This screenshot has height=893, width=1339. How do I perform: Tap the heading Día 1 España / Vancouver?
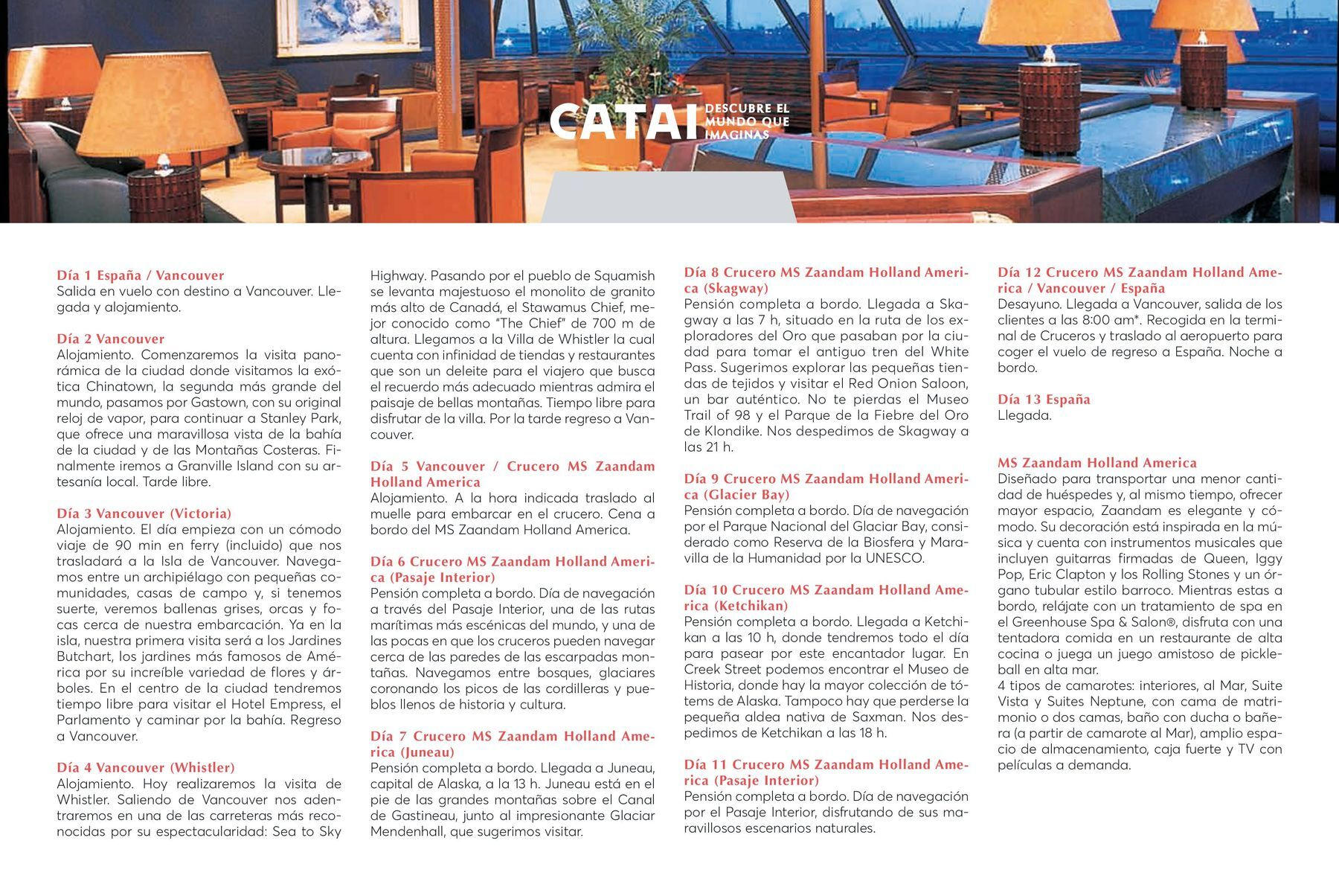(141, 275)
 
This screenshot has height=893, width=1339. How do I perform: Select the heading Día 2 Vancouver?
(111, 339)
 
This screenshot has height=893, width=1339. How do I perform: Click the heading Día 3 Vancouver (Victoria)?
(144, 513)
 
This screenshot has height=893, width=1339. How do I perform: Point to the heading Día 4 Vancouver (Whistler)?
(146, 767)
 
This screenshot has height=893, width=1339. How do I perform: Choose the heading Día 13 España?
(1044, 400)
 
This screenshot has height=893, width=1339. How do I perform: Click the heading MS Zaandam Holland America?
(1097, 463)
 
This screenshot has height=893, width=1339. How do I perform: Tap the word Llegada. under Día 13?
(1024, 415)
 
